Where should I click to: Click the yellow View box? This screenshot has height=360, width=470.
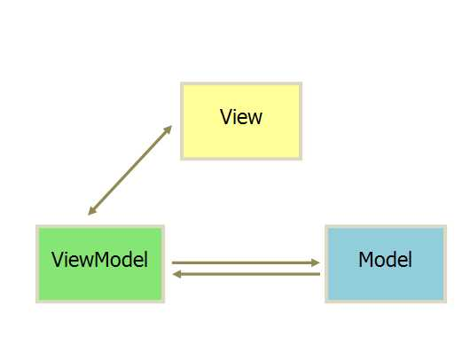(241, 121)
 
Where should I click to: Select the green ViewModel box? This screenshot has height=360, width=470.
(100, 263)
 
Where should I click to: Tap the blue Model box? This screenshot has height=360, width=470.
(386, 263)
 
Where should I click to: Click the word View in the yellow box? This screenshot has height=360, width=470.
(241, 117)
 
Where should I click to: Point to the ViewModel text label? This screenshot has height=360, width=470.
(99, 259)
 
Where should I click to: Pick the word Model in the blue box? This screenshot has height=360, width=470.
(385, 259)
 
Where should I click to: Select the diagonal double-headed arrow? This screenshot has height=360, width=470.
(129, 170)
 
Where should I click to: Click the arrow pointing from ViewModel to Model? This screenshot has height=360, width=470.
(246, 262)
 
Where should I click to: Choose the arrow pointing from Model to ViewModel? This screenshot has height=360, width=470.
(247, 274)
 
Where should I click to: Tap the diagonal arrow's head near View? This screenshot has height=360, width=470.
(168, 129)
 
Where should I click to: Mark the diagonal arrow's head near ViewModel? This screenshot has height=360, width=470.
(91, 211)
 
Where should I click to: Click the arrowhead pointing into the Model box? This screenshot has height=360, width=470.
(316, 262)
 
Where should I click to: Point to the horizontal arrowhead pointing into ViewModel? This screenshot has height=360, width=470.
(177, 274)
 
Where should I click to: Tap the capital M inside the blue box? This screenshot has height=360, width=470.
(367, 259)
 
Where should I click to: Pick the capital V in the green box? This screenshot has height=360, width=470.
(57, 259)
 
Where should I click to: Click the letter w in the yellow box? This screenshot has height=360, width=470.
(255, 119)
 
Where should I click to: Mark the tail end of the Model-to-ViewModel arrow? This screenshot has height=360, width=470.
(320, 274)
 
